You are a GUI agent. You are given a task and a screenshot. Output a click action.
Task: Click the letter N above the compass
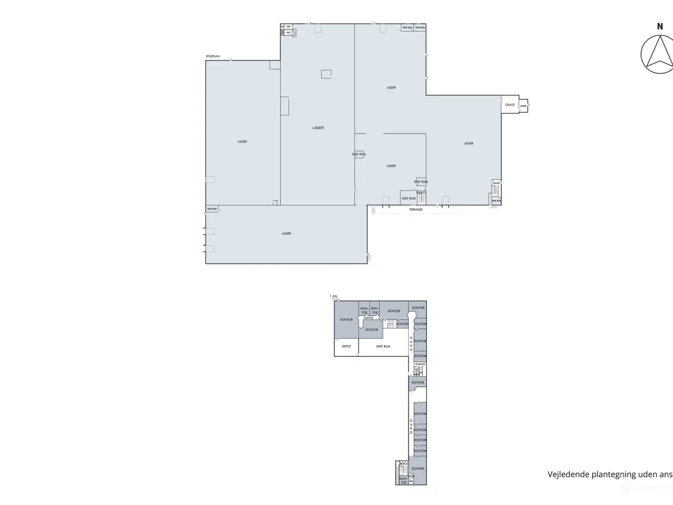pyautogui.click(x=659, y=26)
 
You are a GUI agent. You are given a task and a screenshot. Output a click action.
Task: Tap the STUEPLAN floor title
pyautogui.click(x=213, y=56)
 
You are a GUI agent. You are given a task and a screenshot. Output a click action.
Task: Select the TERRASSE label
pyautogui.click(x=415, y=209)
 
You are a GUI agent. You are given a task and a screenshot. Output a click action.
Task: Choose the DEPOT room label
pyautogui.click(x=346, y=346)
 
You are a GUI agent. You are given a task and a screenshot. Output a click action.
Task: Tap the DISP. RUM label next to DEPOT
pyautogui.click(x=383, y=346)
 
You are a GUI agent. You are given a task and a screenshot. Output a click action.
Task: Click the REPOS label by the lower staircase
pyautogui.click(x=404, y=464)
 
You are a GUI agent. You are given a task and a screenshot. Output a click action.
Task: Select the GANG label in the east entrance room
pyautogui.click(x=510, y=105)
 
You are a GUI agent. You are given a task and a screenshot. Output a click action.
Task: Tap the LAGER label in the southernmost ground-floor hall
pyautogui.click(x=286, y=234)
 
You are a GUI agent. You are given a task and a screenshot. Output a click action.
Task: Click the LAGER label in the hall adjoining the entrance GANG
pyautogui.click(x=468, y=143)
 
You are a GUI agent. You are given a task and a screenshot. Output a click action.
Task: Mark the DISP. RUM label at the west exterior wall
pyautogui.click(x=212, y=209)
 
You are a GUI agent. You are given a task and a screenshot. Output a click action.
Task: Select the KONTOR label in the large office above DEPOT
pyautogui.click(x=346, y=319)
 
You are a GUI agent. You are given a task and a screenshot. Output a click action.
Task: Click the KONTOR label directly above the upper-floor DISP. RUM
pyautogui.click(x=372, y=330)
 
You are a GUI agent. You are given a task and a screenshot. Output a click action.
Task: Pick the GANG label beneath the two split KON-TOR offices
pyautogui.click(x=369, y=318)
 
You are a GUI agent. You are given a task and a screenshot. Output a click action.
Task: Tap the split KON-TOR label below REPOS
pyautogui.click(x=403, y=480)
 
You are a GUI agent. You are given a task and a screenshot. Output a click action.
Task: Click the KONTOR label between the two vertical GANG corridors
pyautogui.click(x=418, y=382)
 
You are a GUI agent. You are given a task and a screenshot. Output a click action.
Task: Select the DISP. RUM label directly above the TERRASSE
pyautogui.click(x=409, y=198)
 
